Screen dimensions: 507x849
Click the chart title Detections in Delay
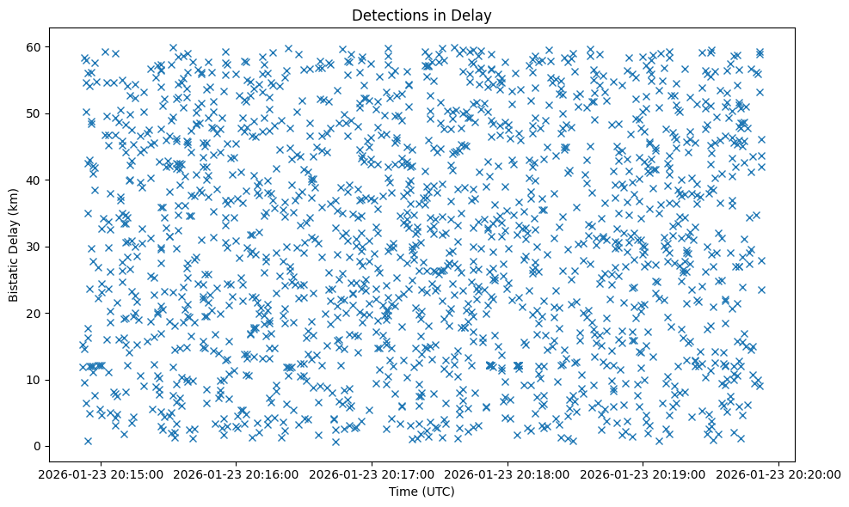click(421, 15)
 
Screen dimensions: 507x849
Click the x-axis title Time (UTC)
click(421, 492)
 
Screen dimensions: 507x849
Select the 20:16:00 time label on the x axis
click(237, 473)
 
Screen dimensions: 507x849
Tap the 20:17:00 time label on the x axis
click(372, 473)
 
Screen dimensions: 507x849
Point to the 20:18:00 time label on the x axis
click(508, 473)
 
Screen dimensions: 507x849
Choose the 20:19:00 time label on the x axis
click(643, 473)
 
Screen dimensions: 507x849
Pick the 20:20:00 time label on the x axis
click(778, 473)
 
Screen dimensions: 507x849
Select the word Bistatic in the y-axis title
click(15, 276)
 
